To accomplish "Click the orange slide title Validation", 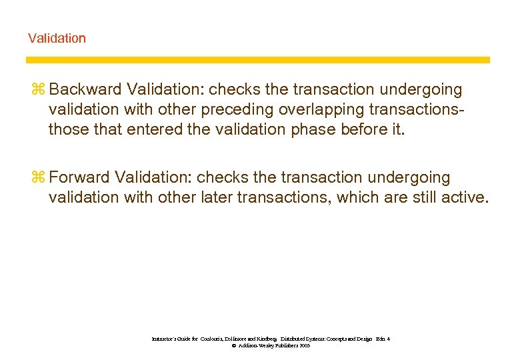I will (x=57, y=38).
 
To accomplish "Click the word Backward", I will (x=81, y=89).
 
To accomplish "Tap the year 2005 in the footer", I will (x=304, y=346).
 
